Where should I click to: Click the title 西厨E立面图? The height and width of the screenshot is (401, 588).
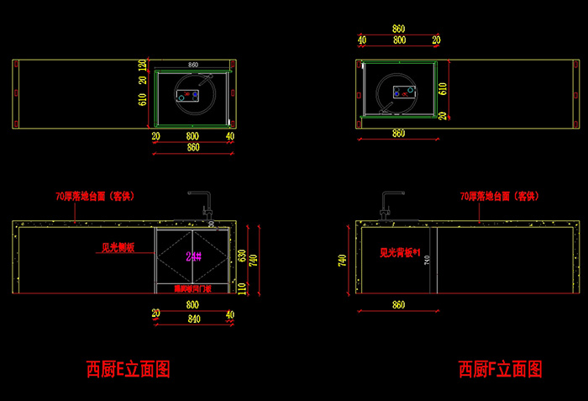pos(128,368)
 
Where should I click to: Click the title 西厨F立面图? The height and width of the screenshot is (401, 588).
pos(500,368)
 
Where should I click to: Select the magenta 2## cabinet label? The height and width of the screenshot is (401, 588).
pos(193,256)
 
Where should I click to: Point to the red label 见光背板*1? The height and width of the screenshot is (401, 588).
pos(399,251)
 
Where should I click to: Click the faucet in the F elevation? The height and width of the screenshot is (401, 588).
pos(390,204)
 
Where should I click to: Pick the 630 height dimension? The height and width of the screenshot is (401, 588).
pos(241,254)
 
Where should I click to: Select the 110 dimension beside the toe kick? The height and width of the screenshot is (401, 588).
pos(241,288)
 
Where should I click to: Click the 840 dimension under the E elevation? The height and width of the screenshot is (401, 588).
pos(193,319)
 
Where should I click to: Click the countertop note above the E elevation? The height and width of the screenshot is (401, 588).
pos(94,196)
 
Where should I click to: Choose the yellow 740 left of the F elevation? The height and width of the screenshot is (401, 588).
pos(342,261)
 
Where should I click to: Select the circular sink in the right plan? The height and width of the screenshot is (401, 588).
pos(397,93)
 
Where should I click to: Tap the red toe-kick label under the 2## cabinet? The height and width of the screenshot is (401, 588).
pos(193,288)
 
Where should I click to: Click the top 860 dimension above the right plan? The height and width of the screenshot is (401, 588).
pos(398,29)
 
